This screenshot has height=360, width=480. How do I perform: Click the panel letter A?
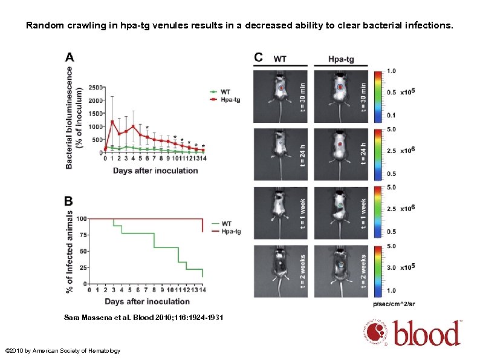coord(70,57)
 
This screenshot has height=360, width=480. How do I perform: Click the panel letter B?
coord(70,200)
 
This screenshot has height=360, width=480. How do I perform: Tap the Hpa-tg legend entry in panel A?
coord(229,100)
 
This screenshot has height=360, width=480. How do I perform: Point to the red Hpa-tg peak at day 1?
coord(112,121)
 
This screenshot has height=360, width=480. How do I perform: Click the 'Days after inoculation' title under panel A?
coord(155,171)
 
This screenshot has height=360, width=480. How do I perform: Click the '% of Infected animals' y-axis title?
coord(70,250)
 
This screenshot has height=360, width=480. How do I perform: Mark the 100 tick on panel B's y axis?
coord(82,218)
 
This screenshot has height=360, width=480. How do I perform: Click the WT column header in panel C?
coord(281,59)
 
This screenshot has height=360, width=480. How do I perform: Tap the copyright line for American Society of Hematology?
coord(63,351)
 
